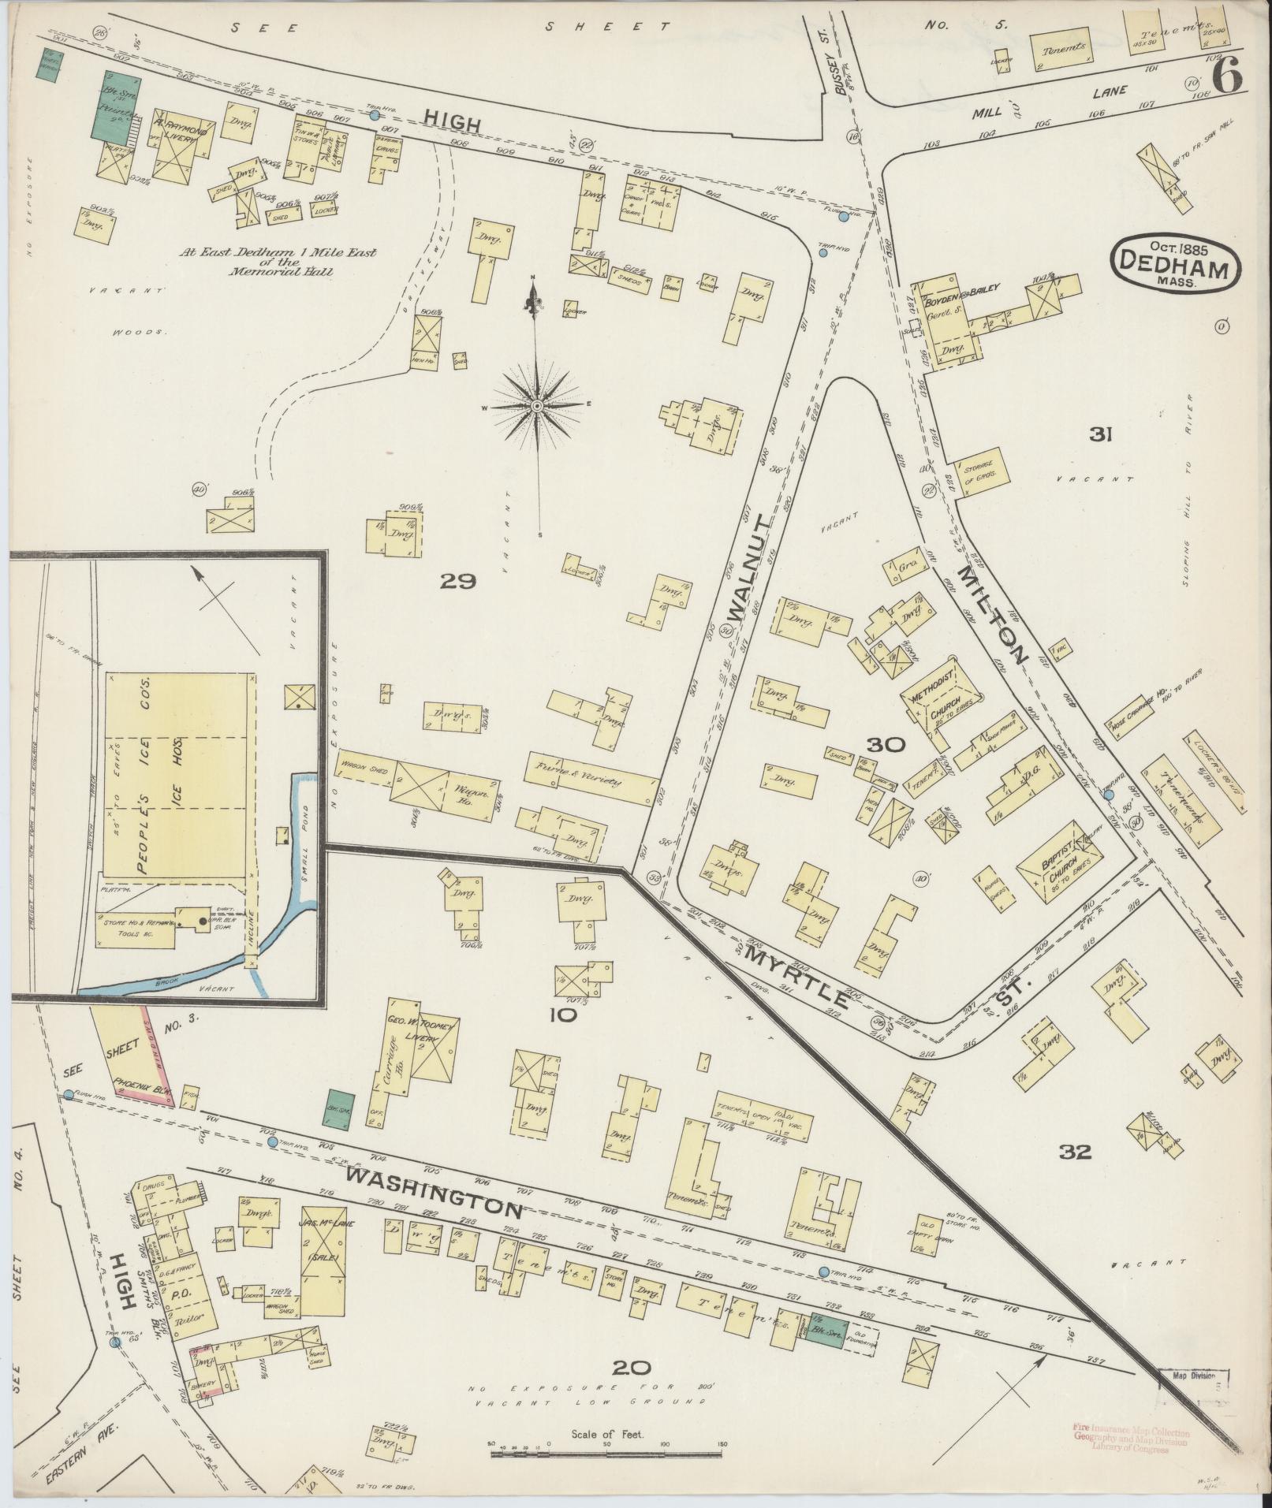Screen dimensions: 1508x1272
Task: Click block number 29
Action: tap(458, 581)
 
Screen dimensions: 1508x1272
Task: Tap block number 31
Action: tap(1100, 433)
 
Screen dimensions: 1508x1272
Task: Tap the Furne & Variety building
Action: tap(589, 774)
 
